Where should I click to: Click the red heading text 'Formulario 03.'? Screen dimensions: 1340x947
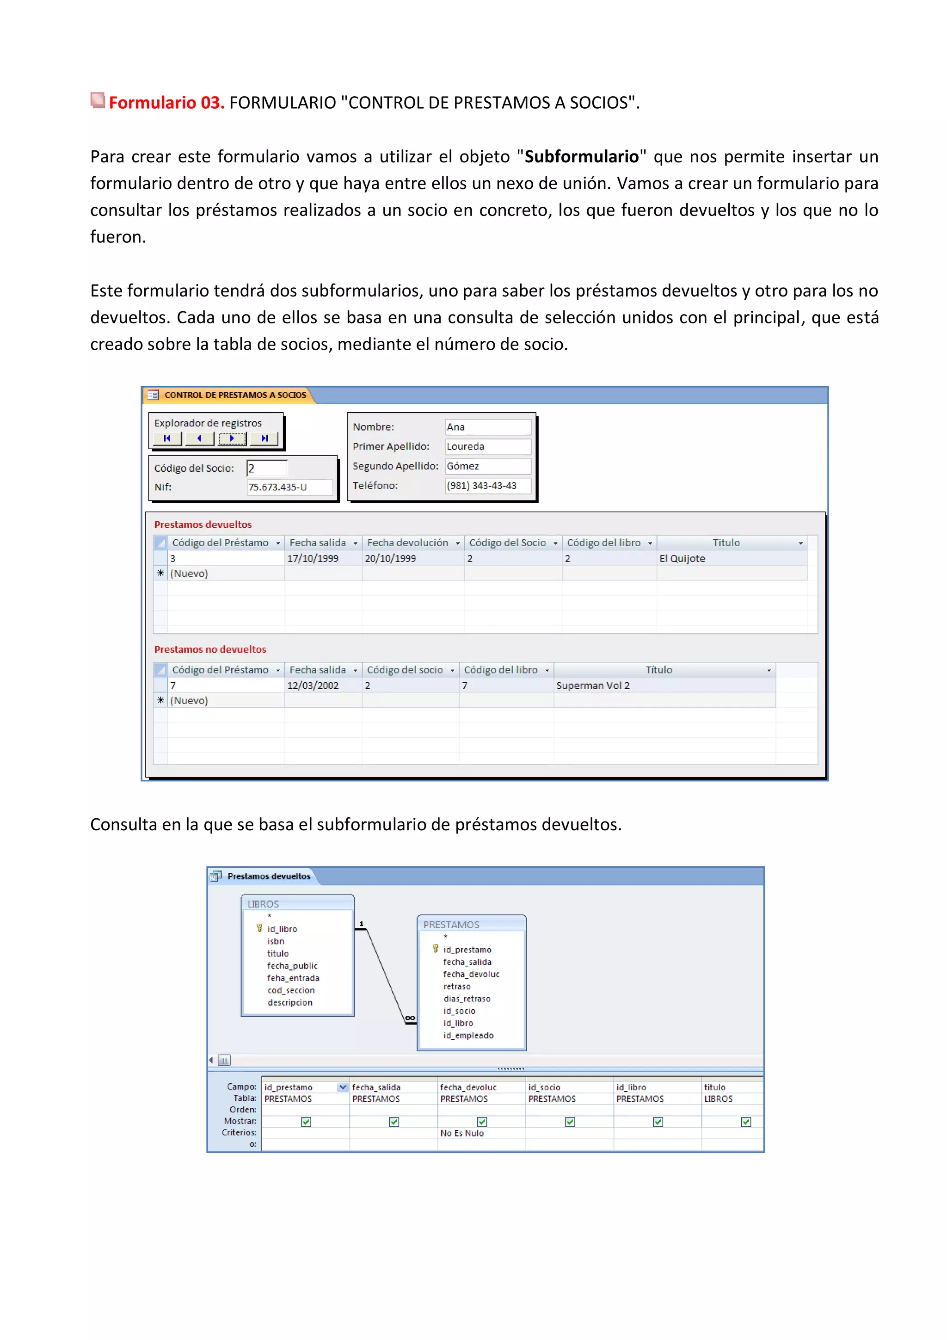pyautogui.click(x=166, y=103)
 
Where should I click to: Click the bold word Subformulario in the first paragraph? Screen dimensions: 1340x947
pyautogui.click(x=581, y=156)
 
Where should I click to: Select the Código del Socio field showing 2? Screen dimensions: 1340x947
pyautogui.click(x=267, y=468)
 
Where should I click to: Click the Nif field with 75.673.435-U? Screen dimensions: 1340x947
pyautogui.click(x=289, y=487)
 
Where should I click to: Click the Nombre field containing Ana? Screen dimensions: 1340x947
pyautogui.click(x=488, y=426)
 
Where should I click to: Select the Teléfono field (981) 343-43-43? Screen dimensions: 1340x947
pyautogui.click(x=488, y=486)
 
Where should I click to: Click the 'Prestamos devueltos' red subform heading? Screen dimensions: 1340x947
pyautogui.click(x=203, y=524)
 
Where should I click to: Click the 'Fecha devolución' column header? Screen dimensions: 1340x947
pyautogui.click(x=407, y=543)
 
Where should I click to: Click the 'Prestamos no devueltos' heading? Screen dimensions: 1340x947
pyautogui.click(x=210, y=649)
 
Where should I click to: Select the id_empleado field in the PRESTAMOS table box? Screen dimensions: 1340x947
pyautogui.click(x=468, y=1035)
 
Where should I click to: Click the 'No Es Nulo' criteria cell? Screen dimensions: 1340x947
pyautogui.click(x=462, y=1133)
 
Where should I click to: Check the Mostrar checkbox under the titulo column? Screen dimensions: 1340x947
pyautogui.click(x=746, y=1122)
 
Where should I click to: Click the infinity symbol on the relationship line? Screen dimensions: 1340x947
pyautogui.click(x=410, y=1019)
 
